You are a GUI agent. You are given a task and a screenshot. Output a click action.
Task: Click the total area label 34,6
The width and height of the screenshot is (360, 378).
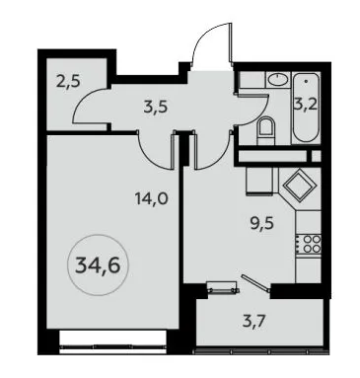pyautogui.click(x=98, y=265)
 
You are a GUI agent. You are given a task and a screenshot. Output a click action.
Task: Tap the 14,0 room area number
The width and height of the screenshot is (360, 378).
pyautogui.click(x=152, y=199)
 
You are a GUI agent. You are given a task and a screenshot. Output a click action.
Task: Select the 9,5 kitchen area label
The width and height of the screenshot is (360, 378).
pyautogui.click(x=261, y=224)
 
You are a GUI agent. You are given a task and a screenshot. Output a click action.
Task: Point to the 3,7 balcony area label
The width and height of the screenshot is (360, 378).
pyautogui.click(x=253, y=321)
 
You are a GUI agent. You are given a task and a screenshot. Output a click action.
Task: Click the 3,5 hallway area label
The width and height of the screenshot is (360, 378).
pyautogui.click(x=156, y=107)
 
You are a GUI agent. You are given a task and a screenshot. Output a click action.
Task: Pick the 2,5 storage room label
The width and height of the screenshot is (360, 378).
pyautogui.click(x=68, y=82)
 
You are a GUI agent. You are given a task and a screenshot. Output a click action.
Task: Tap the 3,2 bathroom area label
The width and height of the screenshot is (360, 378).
pyautogui.click(x=306, y=106)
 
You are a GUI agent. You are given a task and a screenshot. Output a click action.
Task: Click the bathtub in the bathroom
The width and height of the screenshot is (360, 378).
pyautogui.click(x=306, y=109)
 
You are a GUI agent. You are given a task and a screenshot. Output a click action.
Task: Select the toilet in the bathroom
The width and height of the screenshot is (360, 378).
pyautogui.click(x=265, y=130)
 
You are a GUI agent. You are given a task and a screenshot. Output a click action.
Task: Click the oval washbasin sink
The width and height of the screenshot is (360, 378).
pyautogui.click(x=277, y=79)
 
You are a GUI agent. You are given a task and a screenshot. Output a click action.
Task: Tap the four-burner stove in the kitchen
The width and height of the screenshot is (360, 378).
pyautogui.click(x=308, y=244)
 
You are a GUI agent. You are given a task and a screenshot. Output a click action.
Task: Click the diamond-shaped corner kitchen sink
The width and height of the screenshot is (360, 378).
pyautogui.click(x=300, y=187)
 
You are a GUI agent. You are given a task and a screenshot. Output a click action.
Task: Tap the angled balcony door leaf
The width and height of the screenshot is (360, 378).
pyautogui.click(x=255, y=283)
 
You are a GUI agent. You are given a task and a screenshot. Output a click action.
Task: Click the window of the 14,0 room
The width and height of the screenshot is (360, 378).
pyautogui.click(x=112, y=342)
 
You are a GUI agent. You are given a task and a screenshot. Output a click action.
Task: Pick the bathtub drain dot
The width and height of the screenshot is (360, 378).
pyautogui.click(x=306, y=81)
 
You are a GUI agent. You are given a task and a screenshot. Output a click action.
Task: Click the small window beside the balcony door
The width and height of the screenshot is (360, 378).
pyautogui.click(x=222, y=286)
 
